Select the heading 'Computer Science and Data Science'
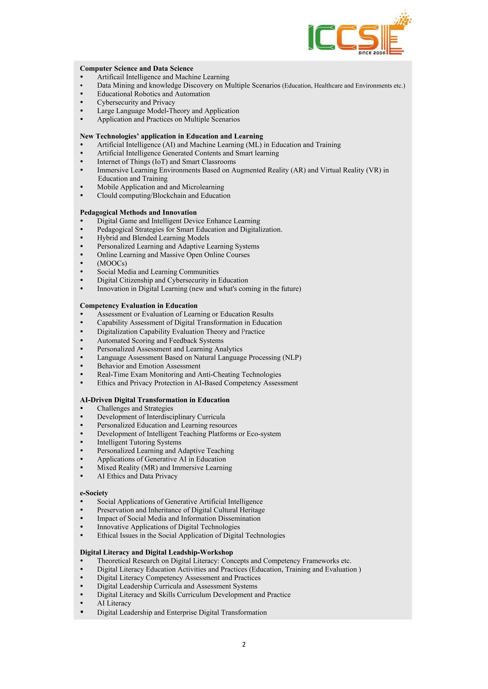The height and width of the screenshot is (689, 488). click(x=136, y=68)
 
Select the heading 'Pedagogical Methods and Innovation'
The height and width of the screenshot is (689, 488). click(x=138, y=212)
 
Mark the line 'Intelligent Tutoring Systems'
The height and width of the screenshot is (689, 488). click(x=139, y=442)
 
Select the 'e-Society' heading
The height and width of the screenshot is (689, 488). click(x=94, y=493)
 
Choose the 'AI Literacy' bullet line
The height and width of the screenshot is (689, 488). click(x=114, y=603)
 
